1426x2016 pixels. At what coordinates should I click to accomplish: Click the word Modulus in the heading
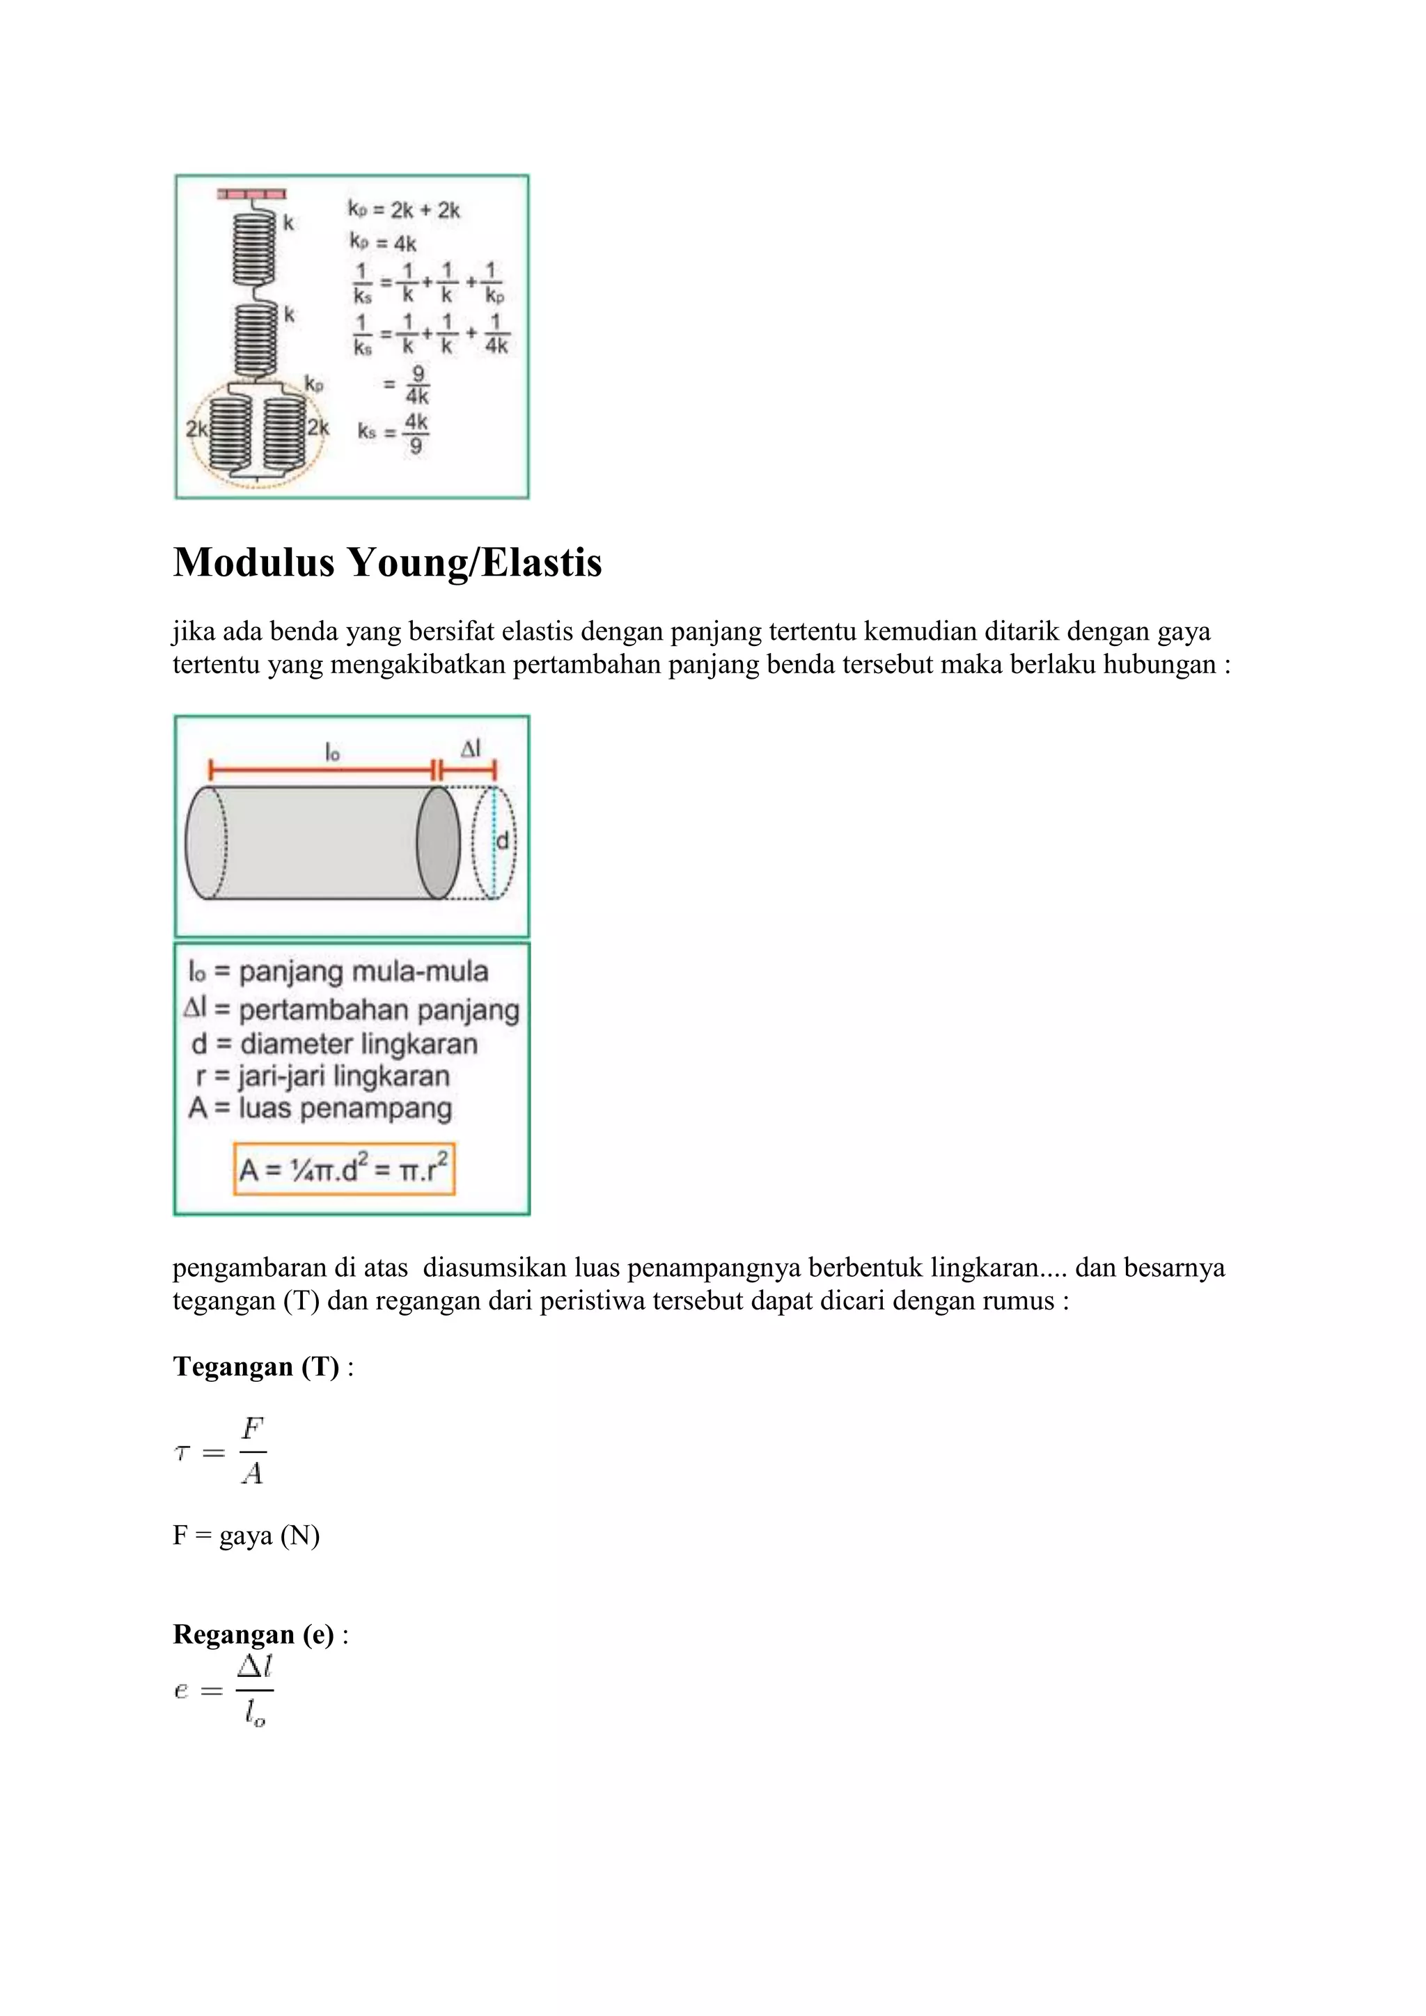(253, 563)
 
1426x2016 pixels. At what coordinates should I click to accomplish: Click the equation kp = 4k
(383, 242)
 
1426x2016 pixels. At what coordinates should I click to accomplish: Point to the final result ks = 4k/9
(393, 433)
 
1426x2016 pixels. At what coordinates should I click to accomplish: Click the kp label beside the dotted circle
(313, 384)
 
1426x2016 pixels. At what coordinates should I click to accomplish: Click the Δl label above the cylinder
(471, 748)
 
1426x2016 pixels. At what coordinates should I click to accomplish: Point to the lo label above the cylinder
(332, 752)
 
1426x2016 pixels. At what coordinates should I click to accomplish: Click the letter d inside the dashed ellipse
(502, 841)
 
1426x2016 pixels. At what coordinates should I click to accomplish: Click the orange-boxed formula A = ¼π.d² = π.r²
(344, 1169)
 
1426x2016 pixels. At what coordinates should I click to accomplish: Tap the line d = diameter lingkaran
(334, 1044)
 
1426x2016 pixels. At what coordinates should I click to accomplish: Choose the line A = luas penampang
(320, 1108)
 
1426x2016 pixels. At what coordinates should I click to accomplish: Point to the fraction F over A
(252, 1451)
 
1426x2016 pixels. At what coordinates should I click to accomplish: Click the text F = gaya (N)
(246, 1536)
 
